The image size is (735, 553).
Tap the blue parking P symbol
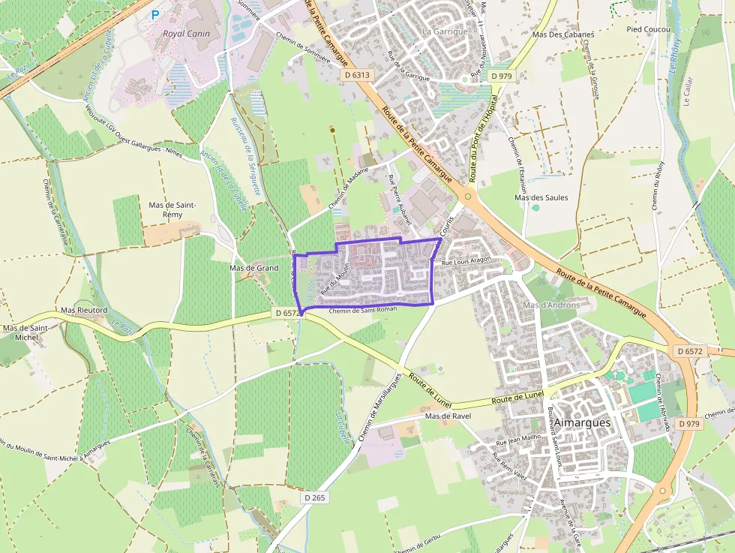(155, 14)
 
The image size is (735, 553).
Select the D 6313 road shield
(356, 75)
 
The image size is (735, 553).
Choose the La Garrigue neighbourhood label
(445, 32)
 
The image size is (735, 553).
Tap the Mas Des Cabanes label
(562, 35)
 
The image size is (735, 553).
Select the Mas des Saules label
(541, 197)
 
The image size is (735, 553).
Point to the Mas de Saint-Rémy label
(172, 209)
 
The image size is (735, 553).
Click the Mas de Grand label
(253, 268)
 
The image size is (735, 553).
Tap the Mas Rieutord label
(84, 310)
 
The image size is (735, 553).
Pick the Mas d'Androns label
(551, 305)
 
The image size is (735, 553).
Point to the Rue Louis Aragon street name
(466, 261)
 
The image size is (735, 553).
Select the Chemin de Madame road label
(349, 188)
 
